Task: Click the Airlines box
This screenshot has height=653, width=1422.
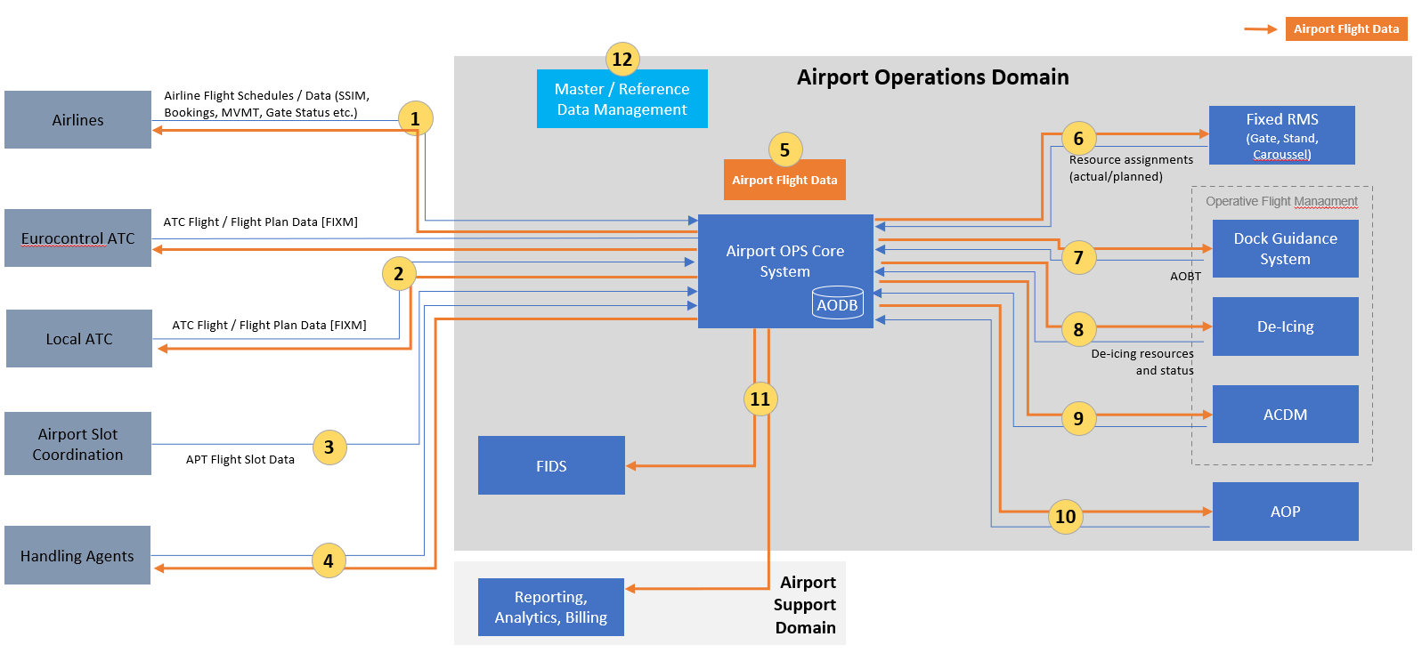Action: pyautogui.click(x=77, y=119)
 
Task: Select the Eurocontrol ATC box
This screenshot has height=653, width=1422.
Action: pyautogui.click(x=77, y=238)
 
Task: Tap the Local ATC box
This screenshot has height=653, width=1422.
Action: pyautogui.click(x=78, y=338)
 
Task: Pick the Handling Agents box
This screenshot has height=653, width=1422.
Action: pyautogui.click(x=77, y=555)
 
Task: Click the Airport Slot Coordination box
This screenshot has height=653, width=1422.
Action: pyautogui.click(x=77, y=443)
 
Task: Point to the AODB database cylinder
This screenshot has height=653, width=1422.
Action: pyautogui.click(x=837, y=302)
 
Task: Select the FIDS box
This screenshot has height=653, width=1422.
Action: pyautogui.click(x=551, y=465)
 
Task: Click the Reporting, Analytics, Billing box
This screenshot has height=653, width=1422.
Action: pyautogui.click(x=550, y=607)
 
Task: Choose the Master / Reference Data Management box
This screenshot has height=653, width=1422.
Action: pyautogui.click(x=622, y=100)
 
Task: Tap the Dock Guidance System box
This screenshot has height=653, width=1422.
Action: pyautogui.click(x=1285, y=249)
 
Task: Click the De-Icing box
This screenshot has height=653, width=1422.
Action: pyautogui.click(x=1285, y=326)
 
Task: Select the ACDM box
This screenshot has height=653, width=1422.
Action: pyautogui.click(x=1285, y=414)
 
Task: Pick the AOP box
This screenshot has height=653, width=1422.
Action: pyautogui.click(x=1285, y=511)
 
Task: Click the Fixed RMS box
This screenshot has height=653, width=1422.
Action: pyautogui.click(x=1281, y=135)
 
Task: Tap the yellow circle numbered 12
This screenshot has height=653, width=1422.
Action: pyautogui.click(x=622, y=60)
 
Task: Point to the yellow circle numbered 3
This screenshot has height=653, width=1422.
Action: pyautogui.click(x=329, y=447)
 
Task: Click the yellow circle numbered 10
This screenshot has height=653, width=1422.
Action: pyautogui.click(x=1065, y=516)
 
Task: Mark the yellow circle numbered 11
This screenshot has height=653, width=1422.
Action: pyautogui.click(x=760, y=399)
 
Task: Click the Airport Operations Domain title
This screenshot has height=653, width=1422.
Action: pyautogui.click(x=932, y=77)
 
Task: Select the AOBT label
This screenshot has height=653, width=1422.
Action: pyautogui.click(x=1185, y=277)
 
